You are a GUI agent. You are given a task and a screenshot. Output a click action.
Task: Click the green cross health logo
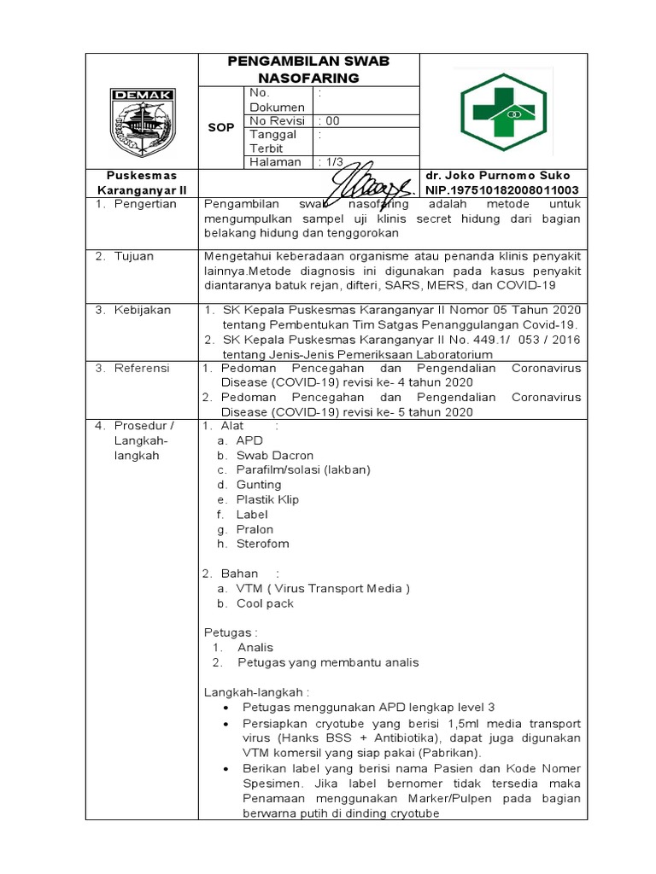pyautogui.click(x=503, y=112)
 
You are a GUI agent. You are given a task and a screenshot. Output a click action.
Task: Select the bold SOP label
pyautogui.click(x=221, y=127)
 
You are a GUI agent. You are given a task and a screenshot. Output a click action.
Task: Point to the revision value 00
pyautogui.click(x=331, y=120)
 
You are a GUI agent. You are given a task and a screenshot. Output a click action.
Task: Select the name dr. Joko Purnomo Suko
pyautogui.click(x=503, y=176)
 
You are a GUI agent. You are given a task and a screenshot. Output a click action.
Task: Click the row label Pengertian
pyautogui.click(x=145, y=204)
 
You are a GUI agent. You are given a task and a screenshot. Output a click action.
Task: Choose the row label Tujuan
pyautogui.click(x=138, y=256)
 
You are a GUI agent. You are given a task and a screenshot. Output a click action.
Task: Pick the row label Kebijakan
pyautogui.click(x=145, y=309)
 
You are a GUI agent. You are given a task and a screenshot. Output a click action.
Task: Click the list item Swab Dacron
pyautogui.click(x=275, y=455)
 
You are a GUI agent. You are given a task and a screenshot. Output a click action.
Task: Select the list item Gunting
pyautogui.click(x=259, y=484)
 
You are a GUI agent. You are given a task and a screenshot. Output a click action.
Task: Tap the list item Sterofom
pyautogui.click(x=262, y=543)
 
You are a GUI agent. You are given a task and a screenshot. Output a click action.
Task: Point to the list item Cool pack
pyautogui.click(x=265, y=603)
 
